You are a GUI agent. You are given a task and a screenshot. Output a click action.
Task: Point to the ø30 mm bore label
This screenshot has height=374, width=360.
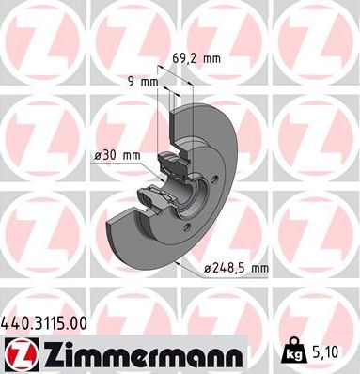[118, 155]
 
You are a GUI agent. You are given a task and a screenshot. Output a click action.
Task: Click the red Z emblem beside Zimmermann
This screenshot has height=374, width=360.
[20, 354]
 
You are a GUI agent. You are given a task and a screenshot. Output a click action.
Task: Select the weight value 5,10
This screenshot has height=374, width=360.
[328, 352]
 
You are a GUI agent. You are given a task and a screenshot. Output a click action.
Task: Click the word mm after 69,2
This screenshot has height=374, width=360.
[212, 58]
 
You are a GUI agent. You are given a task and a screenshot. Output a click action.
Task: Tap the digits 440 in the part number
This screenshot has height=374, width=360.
[15, 322]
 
